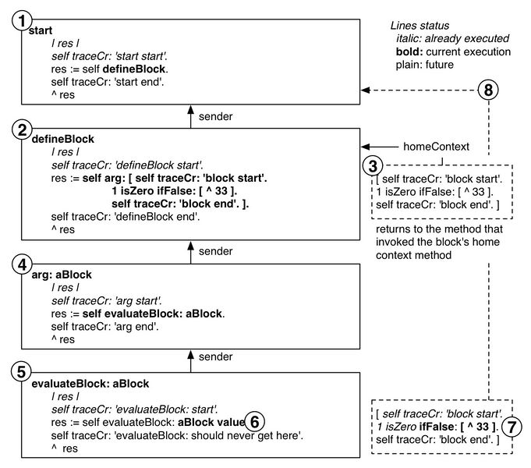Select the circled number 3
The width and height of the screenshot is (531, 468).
click(x=375, y=165)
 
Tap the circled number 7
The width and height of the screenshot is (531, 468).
click(x=510, y=428)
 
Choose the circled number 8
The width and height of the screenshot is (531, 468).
click(x=489, y=90)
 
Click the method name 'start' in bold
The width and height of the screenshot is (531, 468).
click(x=41, y=30)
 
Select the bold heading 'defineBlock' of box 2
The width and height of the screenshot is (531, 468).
click(x=62, y=139)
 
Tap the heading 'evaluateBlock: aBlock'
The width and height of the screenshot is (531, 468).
click(x=90, y=384)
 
